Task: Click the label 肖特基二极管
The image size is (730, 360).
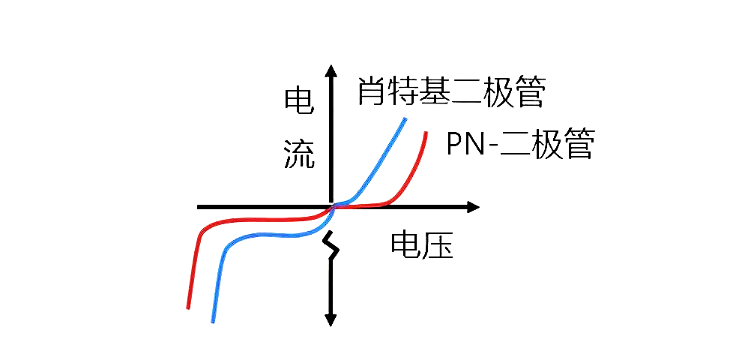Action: click(450, 91)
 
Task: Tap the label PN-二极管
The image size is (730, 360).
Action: click(519, 144)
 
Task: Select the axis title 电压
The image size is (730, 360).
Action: click(422, 246)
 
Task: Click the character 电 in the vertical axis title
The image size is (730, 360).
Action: click(298, 103)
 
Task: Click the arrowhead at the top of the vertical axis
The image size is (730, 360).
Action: click(330, 72)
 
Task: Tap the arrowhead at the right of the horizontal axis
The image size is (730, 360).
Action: click(472, 207)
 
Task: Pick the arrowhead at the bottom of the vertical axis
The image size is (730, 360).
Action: click(330, 319)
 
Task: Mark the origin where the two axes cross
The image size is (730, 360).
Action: click(331, 207)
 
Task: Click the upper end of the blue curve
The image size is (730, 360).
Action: click(405, 118)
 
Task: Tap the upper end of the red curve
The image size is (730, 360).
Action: click(426, 133)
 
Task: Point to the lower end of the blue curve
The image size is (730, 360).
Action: click(213, 321)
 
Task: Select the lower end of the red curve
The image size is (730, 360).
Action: click(188, 307)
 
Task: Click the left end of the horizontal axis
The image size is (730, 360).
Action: click(199, 207)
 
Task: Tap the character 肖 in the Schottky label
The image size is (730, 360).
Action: click(371, 91)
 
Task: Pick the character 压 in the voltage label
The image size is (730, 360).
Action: click(438, 246)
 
